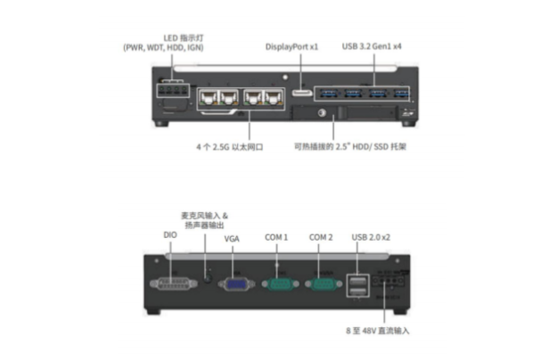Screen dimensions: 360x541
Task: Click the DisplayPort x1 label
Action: point(292,45)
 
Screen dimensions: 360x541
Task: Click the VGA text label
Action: point(233,239)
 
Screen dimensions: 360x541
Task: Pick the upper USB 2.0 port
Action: point(360,277)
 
